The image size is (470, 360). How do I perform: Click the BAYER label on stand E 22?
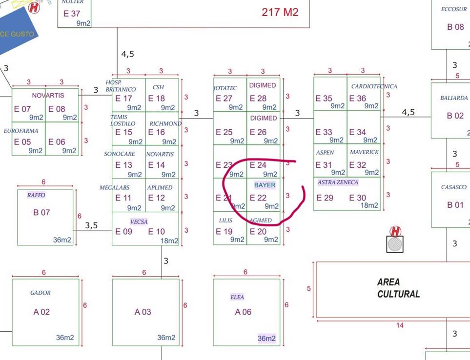[x=265, y=185]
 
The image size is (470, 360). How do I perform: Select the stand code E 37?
[x=72, y=14]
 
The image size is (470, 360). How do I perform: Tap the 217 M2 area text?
[x=280, y=12]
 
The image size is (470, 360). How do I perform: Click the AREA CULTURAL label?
[x=398, y=288]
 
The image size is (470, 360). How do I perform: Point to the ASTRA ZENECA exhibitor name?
[x=338, y=182]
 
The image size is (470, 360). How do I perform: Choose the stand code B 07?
[x=41, y=212]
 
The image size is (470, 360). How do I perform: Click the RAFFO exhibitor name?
[x=36, y=195]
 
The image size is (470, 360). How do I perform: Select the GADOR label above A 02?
[x=40, y=293]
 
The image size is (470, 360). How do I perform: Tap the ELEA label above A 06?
[x=237, y=297]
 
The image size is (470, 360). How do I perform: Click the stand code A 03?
[x=143, y=312]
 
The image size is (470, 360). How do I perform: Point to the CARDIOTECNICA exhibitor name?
[x=374, y=86]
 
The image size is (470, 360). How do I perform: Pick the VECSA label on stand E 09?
[x=139, y=222]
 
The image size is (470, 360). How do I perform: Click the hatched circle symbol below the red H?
[x=395, y=244]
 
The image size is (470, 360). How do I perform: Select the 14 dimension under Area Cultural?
[x=400, y=325]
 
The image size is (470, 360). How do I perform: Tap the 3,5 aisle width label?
[x=91, y=225]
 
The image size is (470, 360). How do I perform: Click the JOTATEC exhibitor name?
[x=225, y=88]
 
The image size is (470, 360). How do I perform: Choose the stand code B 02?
[x=455, y=116]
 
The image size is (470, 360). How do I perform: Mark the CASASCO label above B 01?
[x=453, y=187]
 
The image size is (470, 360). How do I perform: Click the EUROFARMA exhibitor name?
[x=21, y=131]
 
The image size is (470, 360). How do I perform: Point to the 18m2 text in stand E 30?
[x=369, y=206]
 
